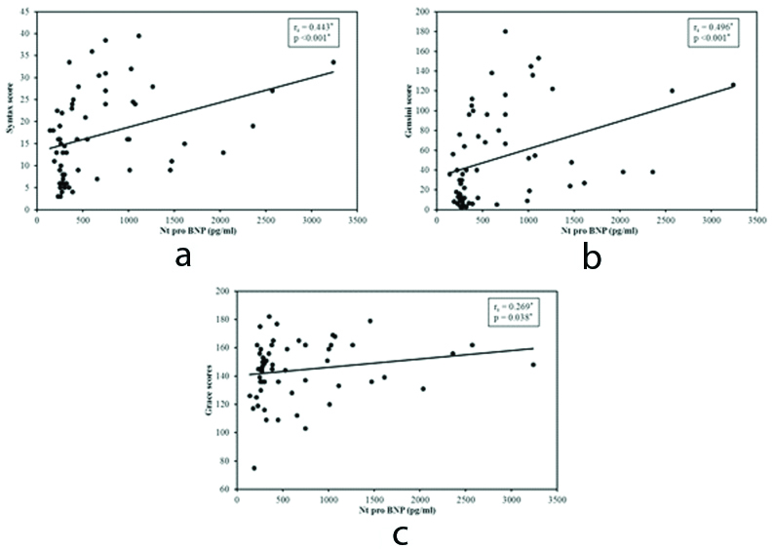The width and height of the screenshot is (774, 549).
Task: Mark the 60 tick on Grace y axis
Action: click(x=226, y=490)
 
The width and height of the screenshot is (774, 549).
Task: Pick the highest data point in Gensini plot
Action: click(x=504, y=31)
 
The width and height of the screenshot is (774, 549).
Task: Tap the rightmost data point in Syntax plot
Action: click(x=333, y=61)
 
